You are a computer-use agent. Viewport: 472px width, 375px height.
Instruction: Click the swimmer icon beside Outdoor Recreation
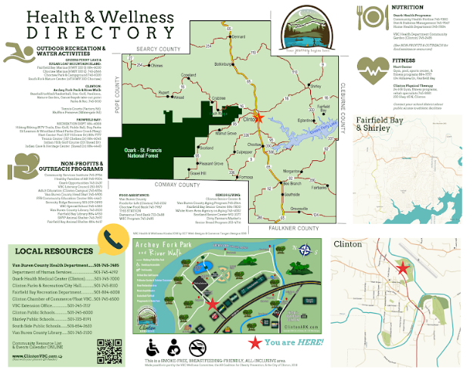pos(17,52)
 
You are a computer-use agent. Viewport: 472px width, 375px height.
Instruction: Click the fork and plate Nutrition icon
pos(373,17)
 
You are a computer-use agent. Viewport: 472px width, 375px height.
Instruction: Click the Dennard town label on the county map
pos(240,37)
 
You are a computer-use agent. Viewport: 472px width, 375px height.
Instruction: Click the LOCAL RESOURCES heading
pos(48,250)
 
